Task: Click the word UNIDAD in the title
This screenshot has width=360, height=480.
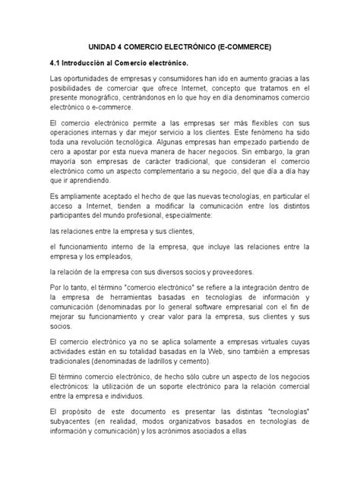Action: pos(106,47)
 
